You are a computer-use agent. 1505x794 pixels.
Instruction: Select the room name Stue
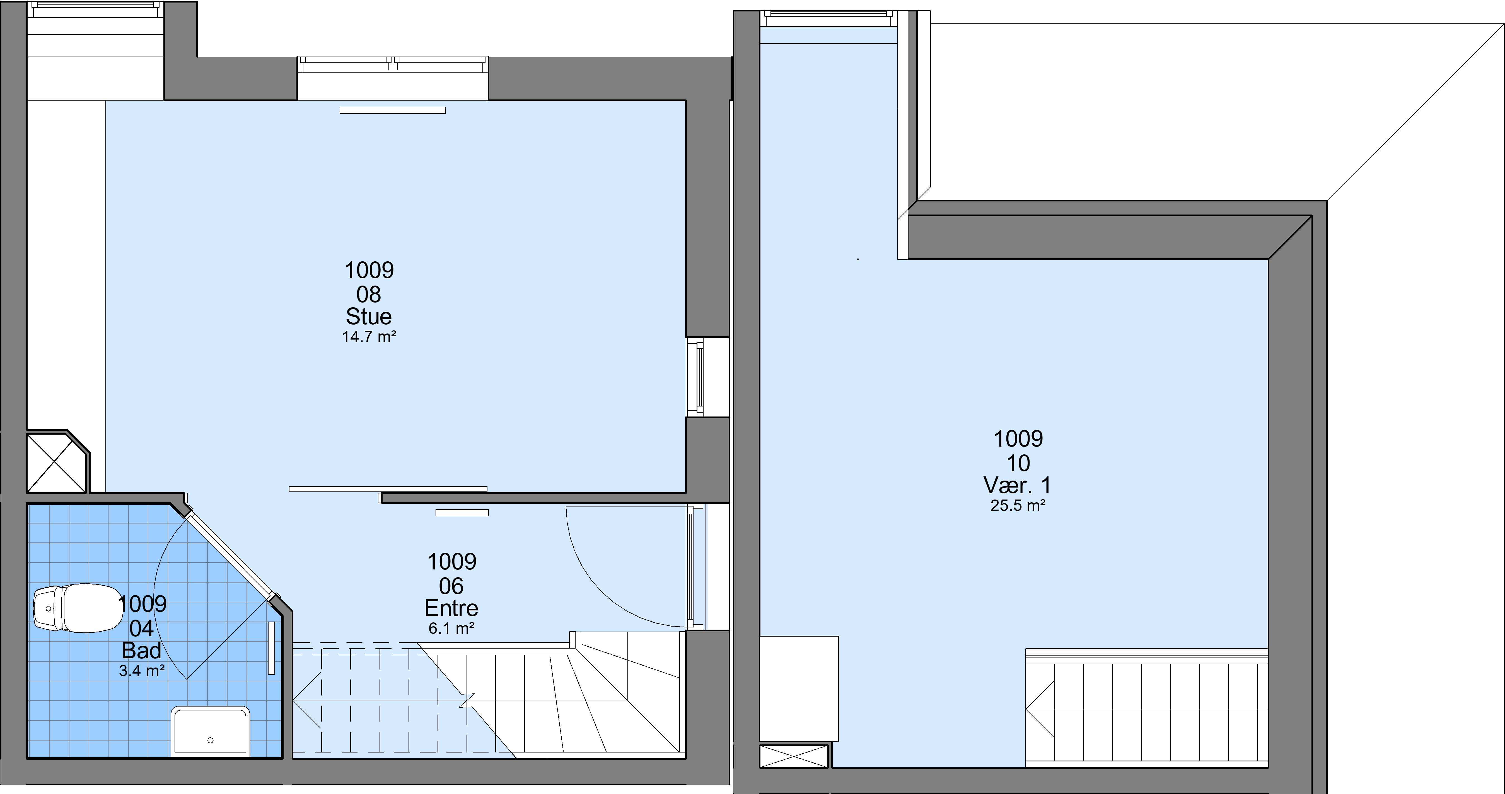369,316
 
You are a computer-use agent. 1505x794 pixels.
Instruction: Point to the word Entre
452,608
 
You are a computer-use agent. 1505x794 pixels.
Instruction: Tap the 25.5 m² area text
1018,506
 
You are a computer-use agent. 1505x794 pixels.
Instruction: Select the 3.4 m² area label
142,671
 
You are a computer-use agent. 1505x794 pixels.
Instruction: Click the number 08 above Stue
369,294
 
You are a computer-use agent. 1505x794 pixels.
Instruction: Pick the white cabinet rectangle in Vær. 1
799,689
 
